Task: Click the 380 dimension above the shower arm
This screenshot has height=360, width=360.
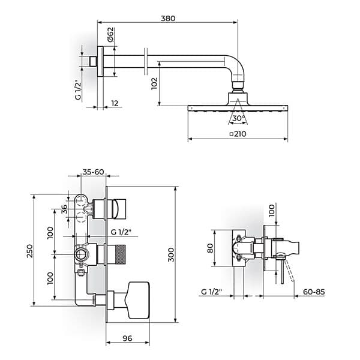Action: (x=168, y=19)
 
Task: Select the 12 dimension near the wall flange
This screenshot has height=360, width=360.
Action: (x=114, y=103)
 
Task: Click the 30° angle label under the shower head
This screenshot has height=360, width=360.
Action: (x=238, y=119)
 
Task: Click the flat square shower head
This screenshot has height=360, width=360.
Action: (x=238, y=108)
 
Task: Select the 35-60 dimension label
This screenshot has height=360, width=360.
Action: (x=94, y=172)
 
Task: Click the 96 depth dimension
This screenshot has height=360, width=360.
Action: (x=127, y=338)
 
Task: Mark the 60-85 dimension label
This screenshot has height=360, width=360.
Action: (x=313, y=292)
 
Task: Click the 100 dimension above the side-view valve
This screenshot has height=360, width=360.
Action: (x=271, y=211)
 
